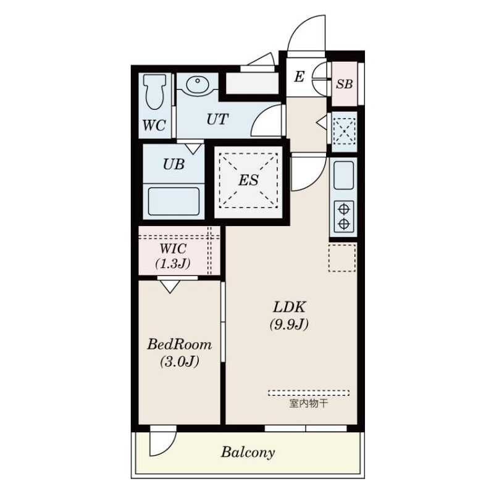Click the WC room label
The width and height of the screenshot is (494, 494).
(154, 125)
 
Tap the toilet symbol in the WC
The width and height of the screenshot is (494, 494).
(154, 91)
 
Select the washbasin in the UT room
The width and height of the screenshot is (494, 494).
(198, 84)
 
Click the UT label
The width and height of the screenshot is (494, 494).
(217, 119)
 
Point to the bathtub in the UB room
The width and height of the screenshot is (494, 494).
(174, 201)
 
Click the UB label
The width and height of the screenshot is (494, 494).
(174, 164)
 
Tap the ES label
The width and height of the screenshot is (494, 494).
(248, 180)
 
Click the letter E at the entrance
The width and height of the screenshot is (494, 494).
(299, 77)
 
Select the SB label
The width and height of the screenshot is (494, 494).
(344, 84)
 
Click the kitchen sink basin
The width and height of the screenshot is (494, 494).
(343, 175)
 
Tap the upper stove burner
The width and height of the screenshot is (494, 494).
(344, 209)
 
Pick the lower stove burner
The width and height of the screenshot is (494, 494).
(344, 224)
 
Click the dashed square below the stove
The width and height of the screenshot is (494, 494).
(342, 257)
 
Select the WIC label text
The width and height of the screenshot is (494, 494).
(174, 249)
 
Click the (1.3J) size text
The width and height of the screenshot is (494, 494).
(173, 264)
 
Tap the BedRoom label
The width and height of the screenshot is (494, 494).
(179, 345)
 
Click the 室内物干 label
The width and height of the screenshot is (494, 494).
(308, 403)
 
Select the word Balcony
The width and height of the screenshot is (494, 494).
(248, 453)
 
